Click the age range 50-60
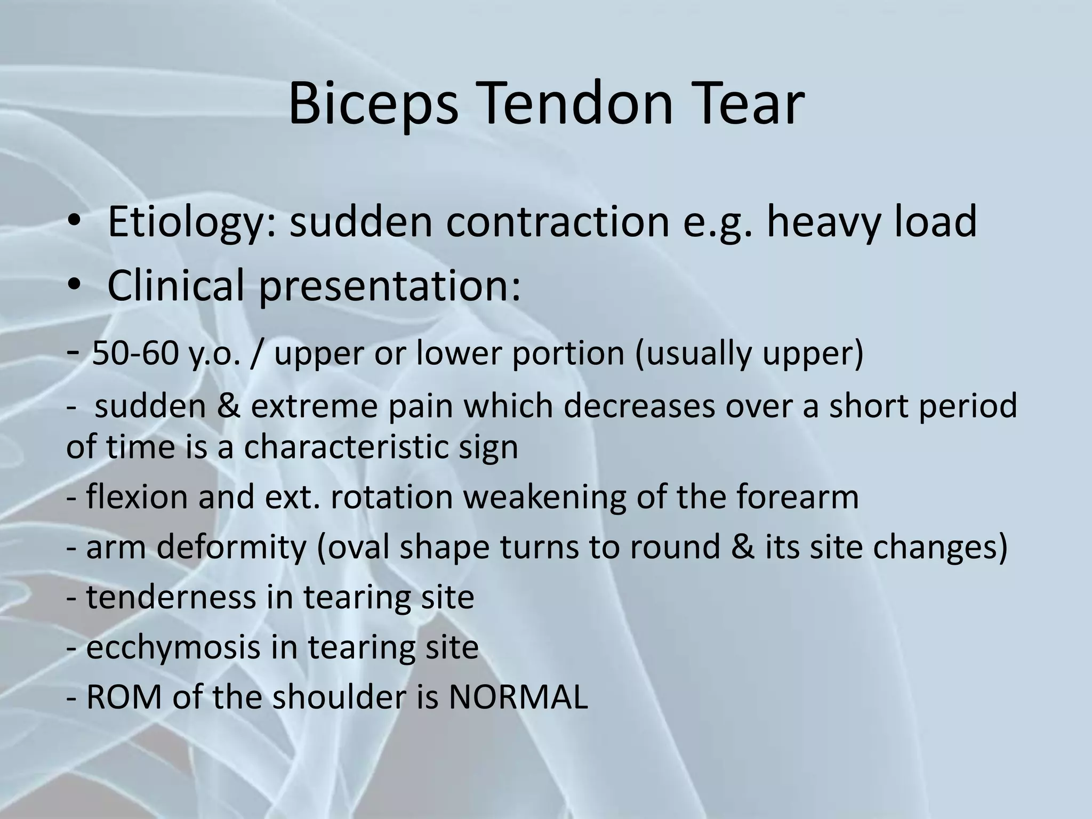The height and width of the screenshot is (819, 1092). click(x=135, y=354)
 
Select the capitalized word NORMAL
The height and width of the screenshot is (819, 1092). click(x=518, y=697)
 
